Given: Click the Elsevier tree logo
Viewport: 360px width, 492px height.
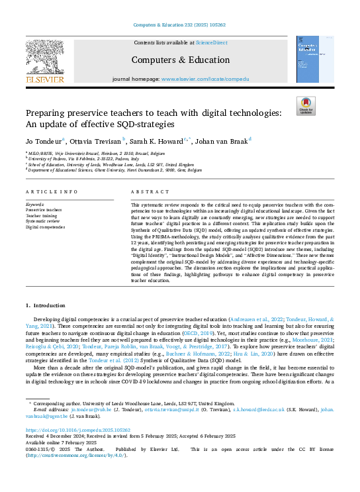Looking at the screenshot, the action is point(44,57).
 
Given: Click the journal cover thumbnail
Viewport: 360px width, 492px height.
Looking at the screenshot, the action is point(314,60).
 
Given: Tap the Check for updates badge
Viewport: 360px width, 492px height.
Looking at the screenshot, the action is point(306,107).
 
